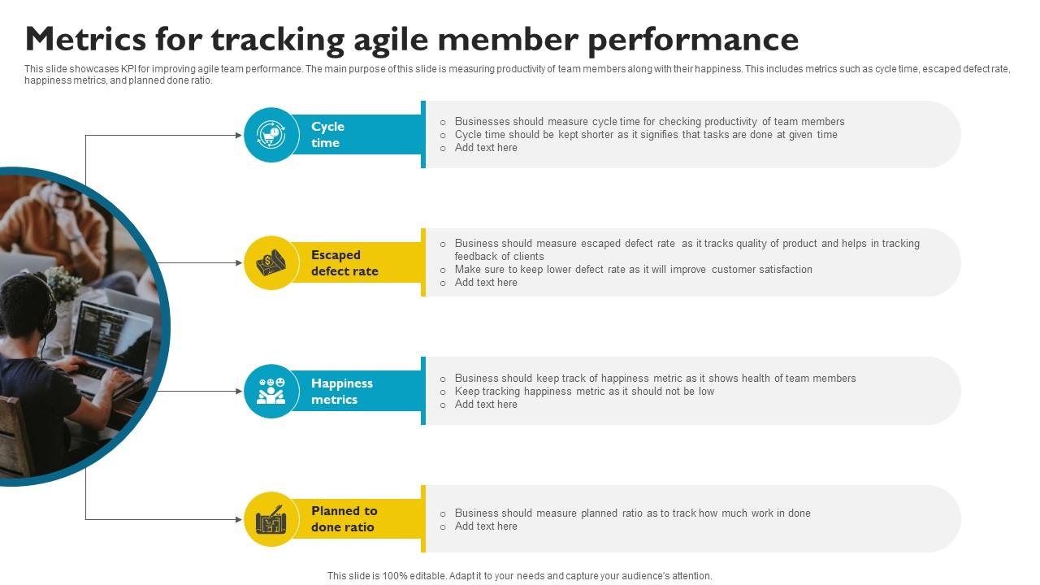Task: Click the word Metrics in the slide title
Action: (86, 39)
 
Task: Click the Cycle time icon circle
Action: (271, 135)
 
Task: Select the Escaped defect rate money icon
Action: (271, 262)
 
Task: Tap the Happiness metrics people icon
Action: (271, 391)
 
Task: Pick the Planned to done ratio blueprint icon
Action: (271, 519)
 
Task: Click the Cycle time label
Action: (327, 135)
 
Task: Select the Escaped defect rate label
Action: (344, 262)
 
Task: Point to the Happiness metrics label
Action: (342, 392)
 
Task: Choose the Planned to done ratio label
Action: (344, 519)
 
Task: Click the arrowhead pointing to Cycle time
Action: (239, 135)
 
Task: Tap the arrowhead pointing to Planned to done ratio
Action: (239, 519)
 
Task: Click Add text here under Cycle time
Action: (486, 148)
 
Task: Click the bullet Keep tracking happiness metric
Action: (584, 392)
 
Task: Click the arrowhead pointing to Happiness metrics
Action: (239, 392)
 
